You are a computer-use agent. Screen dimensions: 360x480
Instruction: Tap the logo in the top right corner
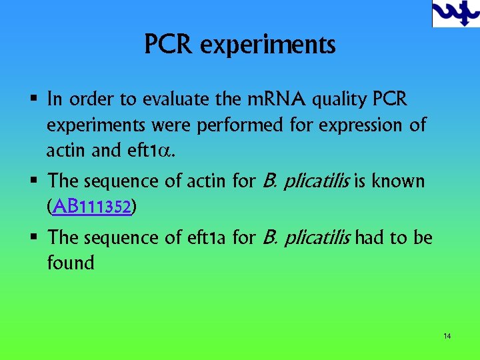tap(455, 14)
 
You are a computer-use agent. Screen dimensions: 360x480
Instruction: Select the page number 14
tap(447, 336)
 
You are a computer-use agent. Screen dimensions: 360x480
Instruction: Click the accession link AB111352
tap(93, 207)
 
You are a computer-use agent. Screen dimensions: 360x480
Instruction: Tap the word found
tap(71, 263)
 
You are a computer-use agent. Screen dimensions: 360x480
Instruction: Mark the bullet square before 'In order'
tap(33, 101)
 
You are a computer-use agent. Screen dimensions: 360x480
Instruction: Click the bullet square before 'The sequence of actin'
tap(33, 182)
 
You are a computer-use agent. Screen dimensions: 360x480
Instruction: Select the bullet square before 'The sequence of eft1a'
tap(33, 238)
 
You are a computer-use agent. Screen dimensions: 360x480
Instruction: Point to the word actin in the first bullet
tap(64, 151)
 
